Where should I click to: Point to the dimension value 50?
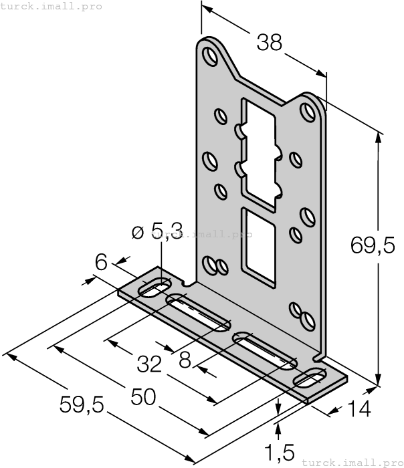143,396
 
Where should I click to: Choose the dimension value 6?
101,262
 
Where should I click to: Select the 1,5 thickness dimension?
280,453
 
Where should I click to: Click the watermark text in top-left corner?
52,6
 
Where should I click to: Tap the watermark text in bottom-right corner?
352,462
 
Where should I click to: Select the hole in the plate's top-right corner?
308,110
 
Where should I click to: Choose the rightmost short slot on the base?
309,378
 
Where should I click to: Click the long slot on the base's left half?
198,313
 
